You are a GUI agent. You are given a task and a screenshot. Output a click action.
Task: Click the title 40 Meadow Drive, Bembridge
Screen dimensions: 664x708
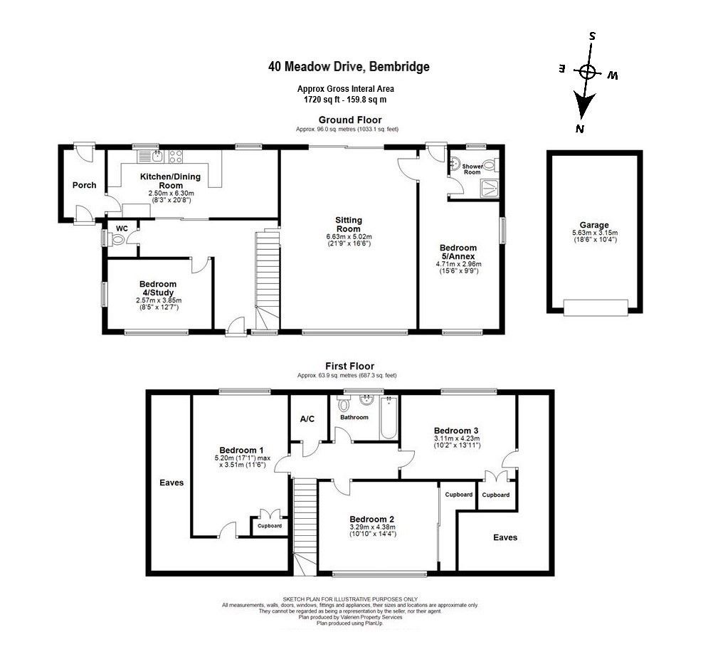pos(349,67)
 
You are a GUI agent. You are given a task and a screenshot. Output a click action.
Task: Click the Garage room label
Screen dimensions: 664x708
pos(594,225)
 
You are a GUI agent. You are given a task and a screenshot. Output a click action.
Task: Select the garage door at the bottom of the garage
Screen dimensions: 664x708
pos(595,307)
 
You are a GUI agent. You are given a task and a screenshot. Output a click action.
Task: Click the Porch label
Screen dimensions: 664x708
pos(84,185)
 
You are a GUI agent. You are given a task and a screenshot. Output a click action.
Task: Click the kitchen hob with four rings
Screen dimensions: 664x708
pos(175,154)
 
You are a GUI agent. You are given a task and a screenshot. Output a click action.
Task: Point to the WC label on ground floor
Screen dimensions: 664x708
pos(121,228)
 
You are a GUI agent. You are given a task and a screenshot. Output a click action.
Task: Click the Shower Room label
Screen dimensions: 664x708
pos(472,169)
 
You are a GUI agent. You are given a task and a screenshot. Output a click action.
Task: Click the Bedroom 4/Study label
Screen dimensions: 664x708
pos(157,288)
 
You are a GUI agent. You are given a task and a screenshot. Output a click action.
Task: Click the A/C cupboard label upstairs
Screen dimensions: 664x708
pos(307,419)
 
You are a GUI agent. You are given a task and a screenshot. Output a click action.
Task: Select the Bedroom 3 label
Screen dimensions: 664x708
pos(456,431)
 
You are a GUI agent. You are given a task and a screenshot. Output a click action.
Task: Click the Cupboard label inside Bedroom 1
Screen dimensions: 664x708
pos(270,526)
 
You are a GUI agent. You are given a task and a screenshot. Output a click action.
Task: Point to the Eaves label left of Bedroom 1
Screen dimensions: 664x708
pos(171,483)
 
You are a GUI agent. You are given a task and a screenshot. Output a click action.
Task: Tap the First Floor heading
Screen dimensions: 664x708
pos(349,367)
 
